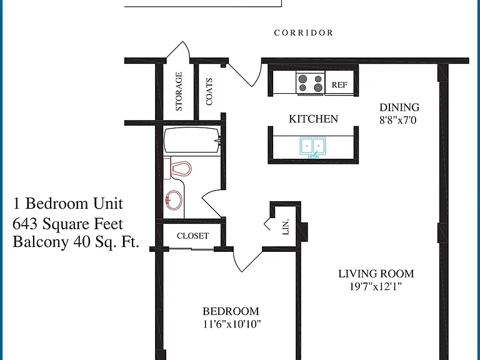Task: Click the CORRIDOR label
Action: [x=303, y=32]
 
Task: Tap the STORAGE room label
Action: [x=179, y=91]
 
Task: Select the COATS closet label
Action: [x=209, y=91]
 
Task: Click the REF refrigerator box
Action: [x=339, y=83]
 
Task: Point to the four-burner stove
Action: [x=311, y=82]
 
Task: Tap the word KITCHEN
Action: [x=314, y=119]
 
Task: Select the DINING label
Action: [x=399, y=107]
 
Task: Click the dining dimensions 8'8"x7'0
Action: [x=398, y=120]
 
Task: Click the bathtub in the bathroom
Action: [x=192, y=140]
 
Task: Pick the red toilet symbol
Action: [x=177, y=169]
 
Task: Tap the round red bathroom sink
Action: [x=174, y=200]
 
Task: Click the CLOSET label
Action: [x=193, y=236]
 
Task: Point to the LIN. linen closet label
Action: [x=285, y=227]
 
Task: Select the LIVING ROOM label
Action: [x=376, y=274]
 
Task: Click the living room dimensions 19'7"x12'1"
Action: [x=376, y=286]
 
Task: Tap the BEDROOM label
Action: [x=231, y=311]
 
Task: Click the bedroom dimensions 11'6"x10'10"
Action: [x=232, y=324]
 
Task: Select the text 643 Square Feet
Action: [x=67, y=224]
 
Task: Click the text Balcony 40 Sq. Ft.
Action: [x=76, y=242]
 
